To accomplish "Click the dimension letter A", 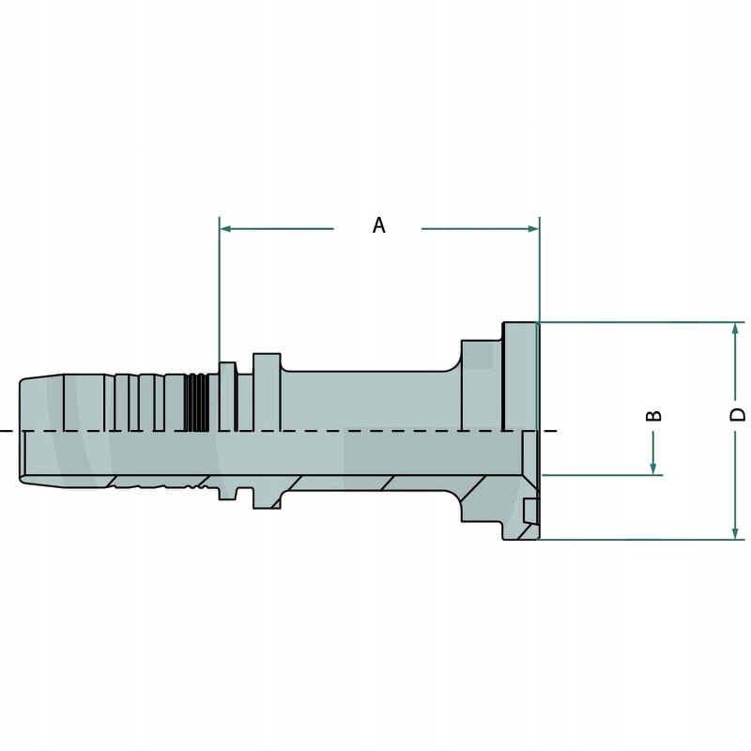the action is pos(378,225).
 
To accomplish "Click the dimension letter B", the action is pos(655,415).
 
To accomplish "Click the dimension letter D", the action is pos(738,414).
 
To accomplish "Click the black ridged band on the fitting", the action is pos(195,402).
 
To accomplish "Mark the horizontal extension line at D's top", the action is pos(638,323).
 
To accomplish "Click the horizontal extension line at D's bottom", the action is pos(638,540).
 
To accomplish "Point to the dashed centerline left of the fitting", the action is pos(8,431).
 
